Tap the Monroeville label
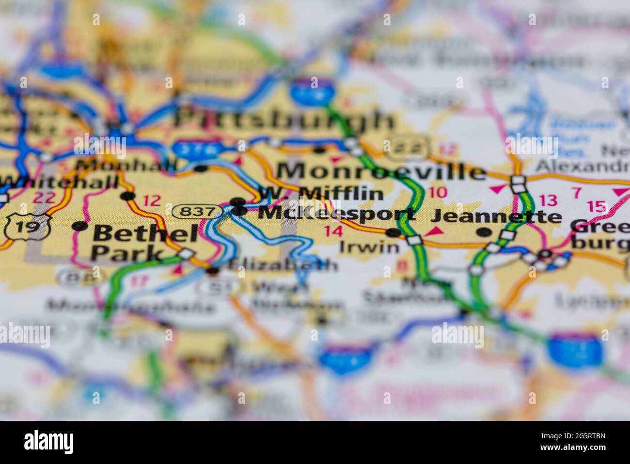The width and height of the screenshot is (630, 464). (381, 171)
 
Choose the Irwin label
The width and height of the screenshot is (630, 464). (370, 248)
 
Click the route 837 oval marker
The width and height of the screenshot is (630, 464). (198, 211)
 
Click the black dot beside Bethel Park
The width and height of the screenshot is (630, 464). (79, 226)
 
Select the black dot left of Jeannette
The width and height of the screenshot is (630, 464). (483, 232)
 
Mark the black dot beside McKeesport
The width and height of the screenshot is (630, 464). (239, 211)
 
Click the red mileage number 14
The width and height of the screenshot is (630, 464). (334, 231)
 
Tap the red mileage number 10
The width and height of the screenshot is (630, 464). (438, 192)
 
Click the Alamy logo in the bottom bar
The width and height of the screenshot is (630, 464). (49, 442)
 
